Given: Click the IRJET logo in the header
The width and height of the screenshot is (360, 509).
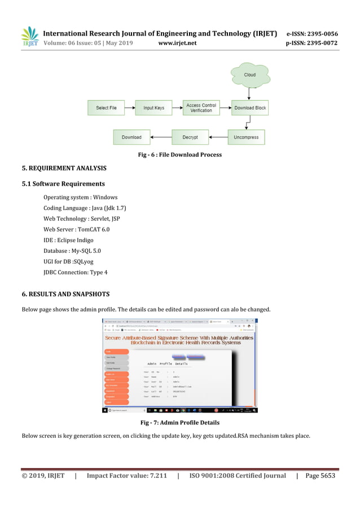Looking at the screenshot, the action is pyautogui.click(x=29, y=36).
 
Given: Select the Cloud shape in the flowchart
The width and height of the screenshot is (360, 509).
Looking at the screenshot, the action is pyautogui.click(x=249, y=76).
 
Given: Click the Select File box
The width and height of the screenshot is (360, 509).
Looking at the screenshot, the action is pyautogui.click(x=106, y=108).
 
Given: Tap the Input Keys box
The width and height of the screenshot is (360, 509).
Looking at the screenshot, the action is pyautogui.click(x=153, y=108).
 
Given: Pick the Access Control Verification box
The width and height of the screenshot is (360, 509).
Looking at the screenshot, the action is pyautogui.click(x=201, y=108).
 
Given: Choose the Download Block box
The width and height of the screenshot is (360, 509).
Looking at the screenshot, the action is pyautogui.click(x=251, y=108).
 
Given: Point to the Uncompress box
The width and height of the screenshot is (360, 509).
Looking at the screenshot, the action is pyautogui.click(x=246, y=137).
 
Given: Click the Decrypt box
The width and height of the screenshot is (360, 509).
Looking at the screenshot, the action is pyautogui.click(x=190, y=137).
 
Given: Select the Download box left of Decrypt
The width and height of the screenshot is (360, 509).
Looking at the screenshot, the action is pyautogui.click(x=131, y=137).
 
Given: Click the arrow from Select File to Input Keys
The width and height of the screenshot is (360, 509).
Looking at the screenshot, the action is pyautogui.click(x=130, y=108).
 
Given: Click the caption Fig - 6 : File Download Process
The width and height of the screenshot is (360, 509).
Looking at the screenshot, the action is pyautogui.click(x=180, y=155).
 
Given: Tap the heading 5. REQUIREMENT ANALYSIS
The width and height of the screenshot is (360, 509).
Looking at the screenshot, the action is pyautogui.click(x=64, y=168).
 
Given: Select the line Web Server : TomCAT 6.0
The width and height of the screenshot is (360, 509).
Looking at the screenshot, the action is pyautogui.click(x=76, y=230).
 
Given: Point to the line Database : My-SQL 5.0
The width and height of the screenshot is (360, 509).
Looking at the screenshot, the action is pyautogui.click(x=72, y=251).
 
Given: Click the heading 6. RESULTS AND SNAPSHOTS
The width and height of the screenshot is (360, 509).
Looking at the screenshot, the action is pyautogui.click(x=65, y=295).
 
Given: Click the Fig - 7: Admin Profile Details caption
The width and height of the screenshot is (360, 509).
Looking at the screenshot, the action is pyautogui.click(x=179, y=423).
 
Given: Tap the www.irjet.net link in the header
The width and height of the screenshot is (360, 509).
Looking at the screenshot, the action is pyautogui.click(x=177, y=42).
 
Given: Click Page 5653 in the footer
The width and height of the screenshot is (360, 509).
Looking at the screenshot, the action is pyautogui.click(x=320, y=476).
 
